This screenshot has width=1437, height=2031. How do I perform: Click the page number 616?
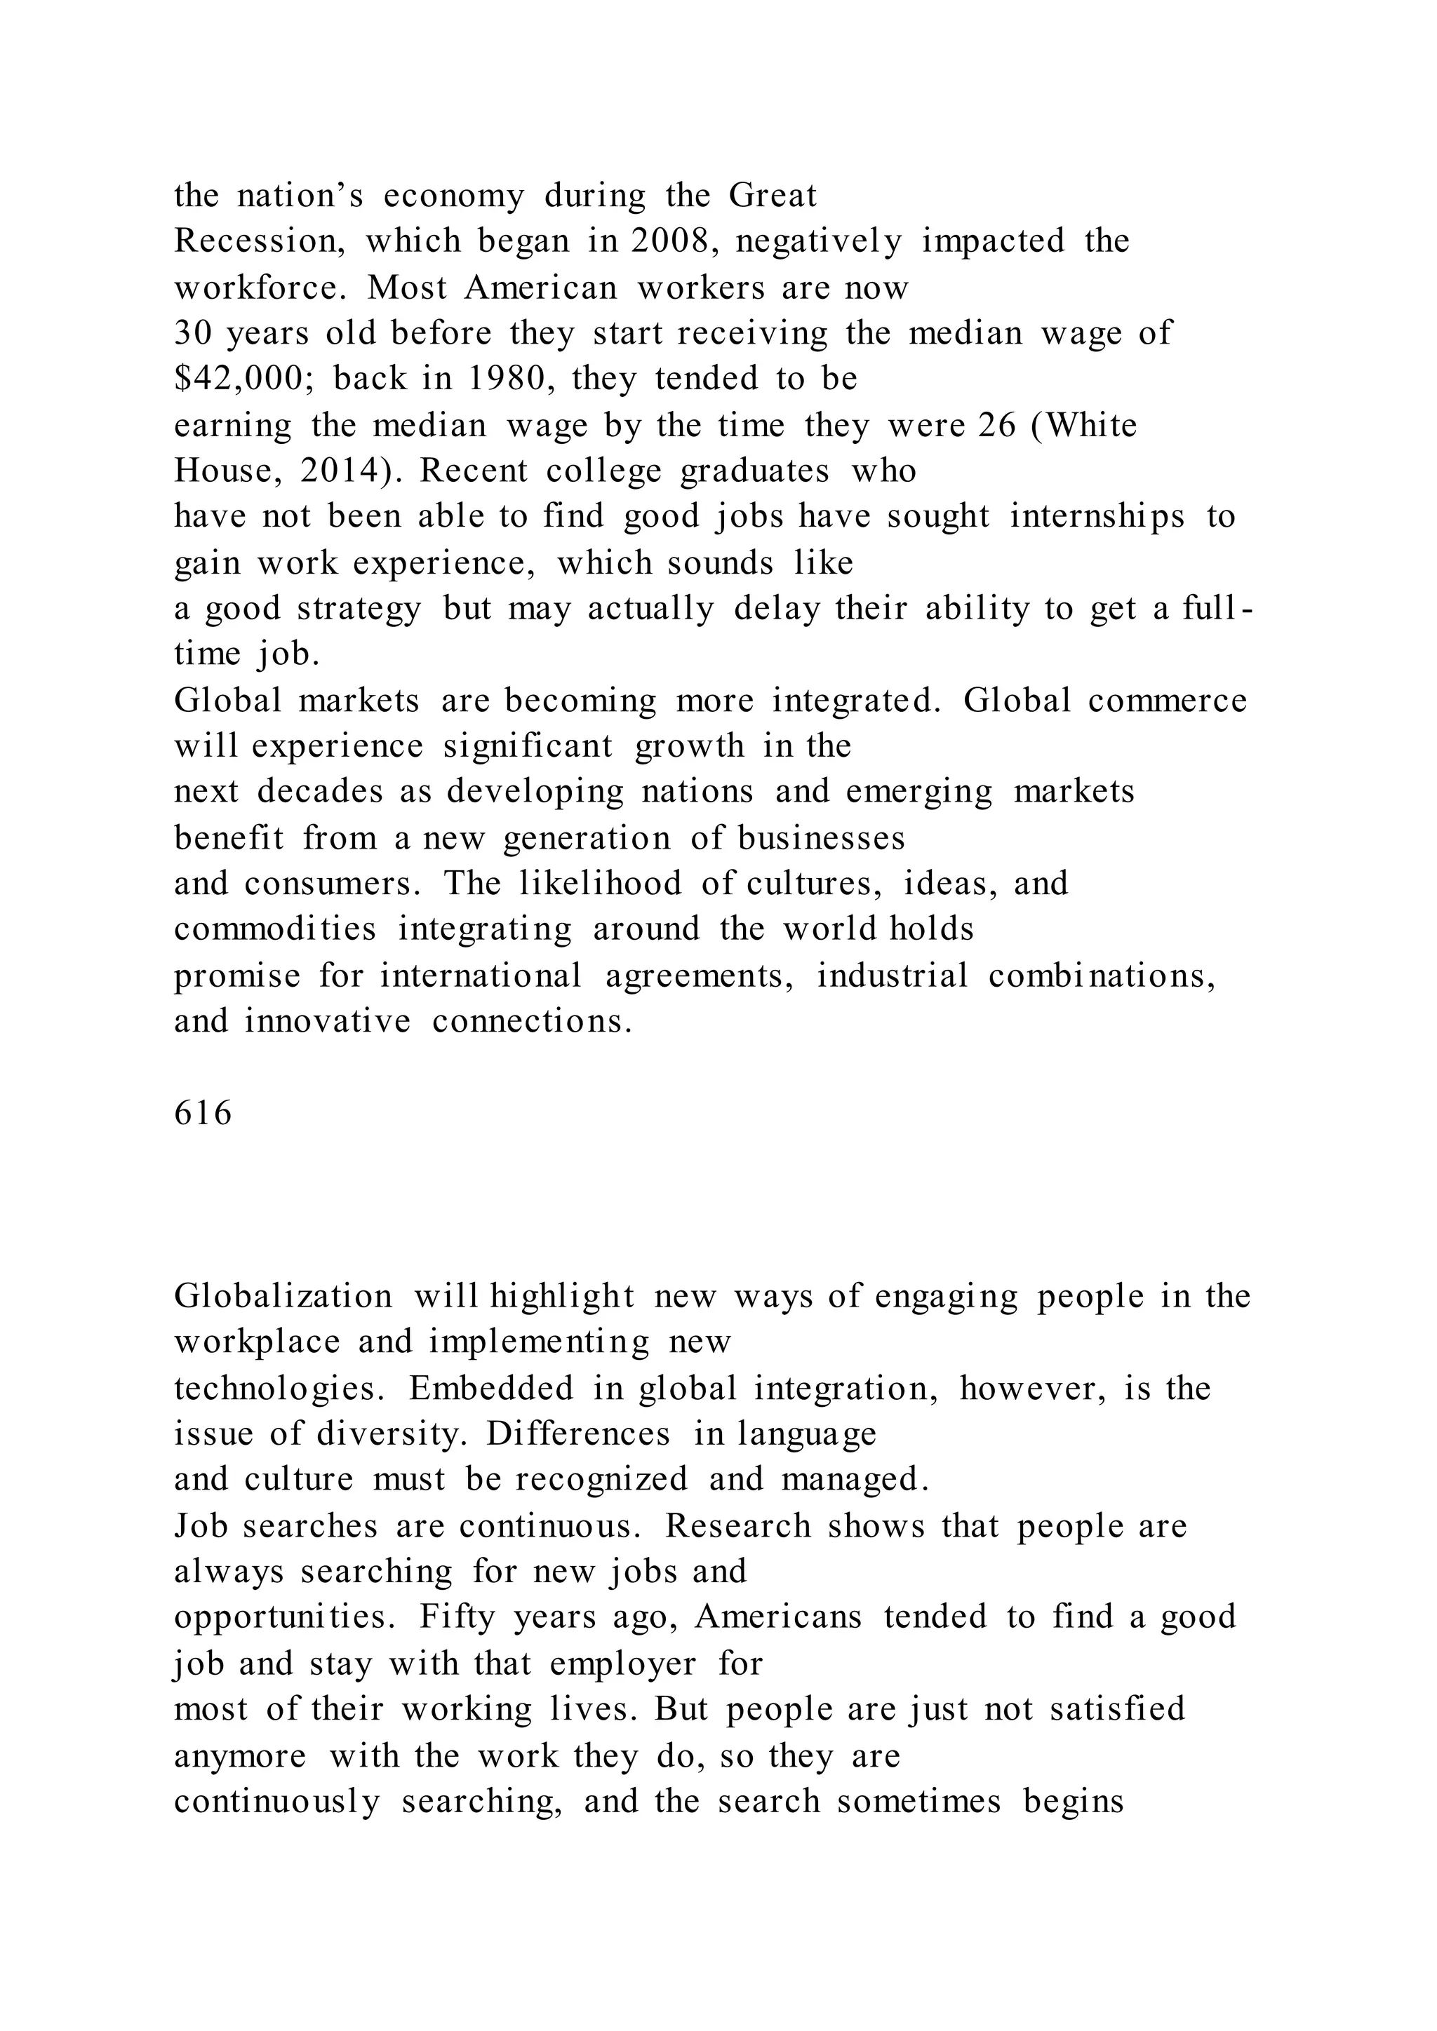[x=203, y=1114]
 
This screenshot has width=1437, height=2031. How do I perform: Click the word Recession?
[x=260, y=241]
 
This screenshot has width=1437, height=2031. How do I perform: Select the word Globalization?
[x=283, y=1297]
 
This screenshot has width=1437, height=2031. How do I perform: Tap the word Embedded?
[x=491, y=1389]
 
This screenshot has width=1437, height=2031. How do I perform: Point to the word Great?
[x=773, y=196]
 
